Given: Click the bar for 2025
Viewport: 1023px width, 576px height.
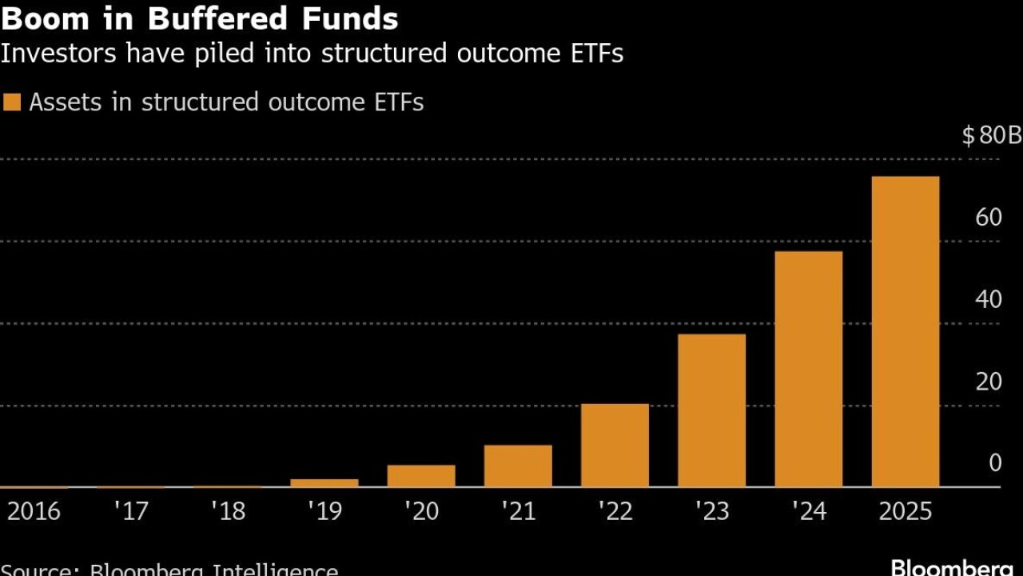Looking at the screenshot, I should [x=905, y=331].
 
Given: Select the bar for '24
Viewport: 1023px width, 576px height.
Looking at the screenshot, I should [x=808, y=369].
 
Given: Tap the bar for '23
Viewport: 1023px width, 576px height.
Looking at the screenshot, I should [x=711, y=410].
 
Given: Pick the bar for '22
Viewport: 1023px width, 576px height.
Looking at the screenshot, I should [x=615, y=445].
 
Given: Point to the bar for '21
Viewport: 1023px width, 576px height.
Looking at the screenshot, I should [x=518, y=466].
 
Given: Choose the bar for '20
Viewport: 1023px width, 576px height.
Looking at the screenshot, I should [x=421, y=476].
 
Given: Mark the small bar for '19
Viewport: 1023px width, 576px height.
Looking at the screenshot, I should [x=324, y=482].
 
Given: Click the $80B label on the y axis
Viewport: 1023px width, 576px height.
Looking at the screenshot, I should [x=991, y=136].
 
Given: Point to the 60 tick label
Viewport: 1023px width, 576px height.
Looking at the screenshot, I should [x=989, y=218].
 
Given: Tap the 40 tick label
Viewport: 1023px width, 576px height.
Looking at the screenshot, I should [x=989, y=300].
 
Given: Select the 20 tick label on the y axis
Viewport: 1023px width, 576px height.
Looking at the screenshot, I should [x=989, y=382].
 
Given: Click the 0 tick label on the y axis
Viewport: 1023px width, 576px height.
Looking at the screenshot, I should [x=995, y=463].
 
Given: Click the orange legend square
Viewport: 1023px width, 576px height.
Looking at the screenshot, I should [x=12, y=102].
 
